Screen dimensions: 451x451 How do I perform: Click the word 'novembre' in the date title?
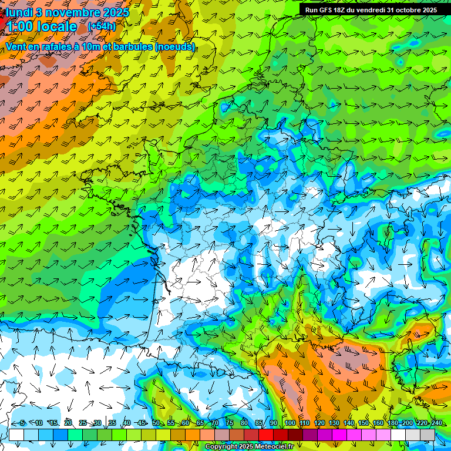pos(72,12)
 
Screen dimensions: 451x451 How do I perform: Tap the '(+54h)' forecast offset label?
pos(102,26)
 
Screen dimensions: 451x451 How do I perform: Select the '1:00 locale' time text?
pos(41,26)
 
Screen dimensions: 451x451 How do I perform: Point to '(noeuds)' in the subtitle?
pos(176,46)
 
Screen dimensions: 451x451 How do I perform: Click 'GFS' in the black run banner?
pos(330,10)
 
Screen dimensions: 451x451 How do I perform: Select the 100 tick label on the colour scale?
pos(290,423)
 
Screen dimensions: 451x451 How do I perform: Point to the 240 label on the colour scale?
pos(437,423)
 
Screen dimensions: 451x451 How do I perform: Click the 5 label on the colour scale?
pos(22,423)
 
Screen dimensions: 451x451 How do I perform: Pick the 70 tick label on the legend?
pos(214,423)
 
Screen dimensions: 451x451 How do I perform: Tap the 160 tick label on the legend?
pos(378,423)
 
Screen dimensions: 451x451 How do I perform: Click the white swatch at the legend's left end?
pos(16,435)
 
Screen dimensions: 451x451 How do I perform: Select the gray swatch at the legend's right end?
pos(428,435)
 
